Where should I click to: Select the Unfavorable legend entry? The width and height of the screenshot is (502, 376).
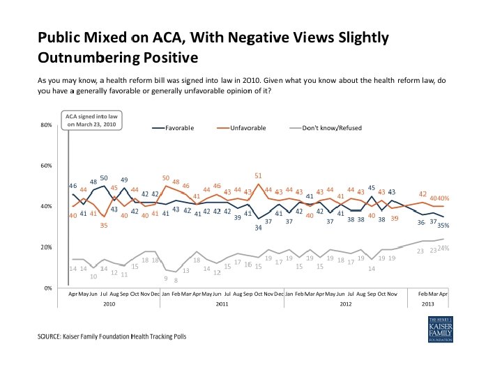(x=248, y=129)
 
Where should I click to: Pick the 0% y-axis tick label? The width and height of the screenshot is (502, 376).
(x=47, y=288)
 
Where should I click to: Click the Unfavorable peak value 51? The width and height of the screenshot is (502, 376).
(x=258, y=175)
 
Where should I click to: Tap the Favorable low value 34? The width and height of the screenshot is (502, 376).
(x=258, y=228)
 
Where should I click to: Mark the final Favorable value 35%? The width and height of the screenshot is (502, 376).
(x=443, y=225)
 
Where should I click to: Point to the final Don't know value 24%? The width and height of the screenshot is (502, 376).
(x=443, y=249)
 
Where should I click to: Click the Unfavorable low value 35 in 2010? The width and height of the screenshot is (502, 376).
(x=104, y=226)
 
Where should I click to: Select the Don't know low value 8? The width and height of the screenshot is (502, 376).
(x=176, y=280)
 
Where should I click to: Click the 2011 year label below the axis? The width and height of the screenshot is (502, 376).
(x=222, y=304)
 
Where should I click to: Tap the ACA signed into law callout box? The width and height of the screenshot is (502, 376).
(x=91, y=120)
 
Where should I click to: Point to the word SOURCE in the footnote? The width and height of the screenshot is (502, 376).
(x=52, y=337)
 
